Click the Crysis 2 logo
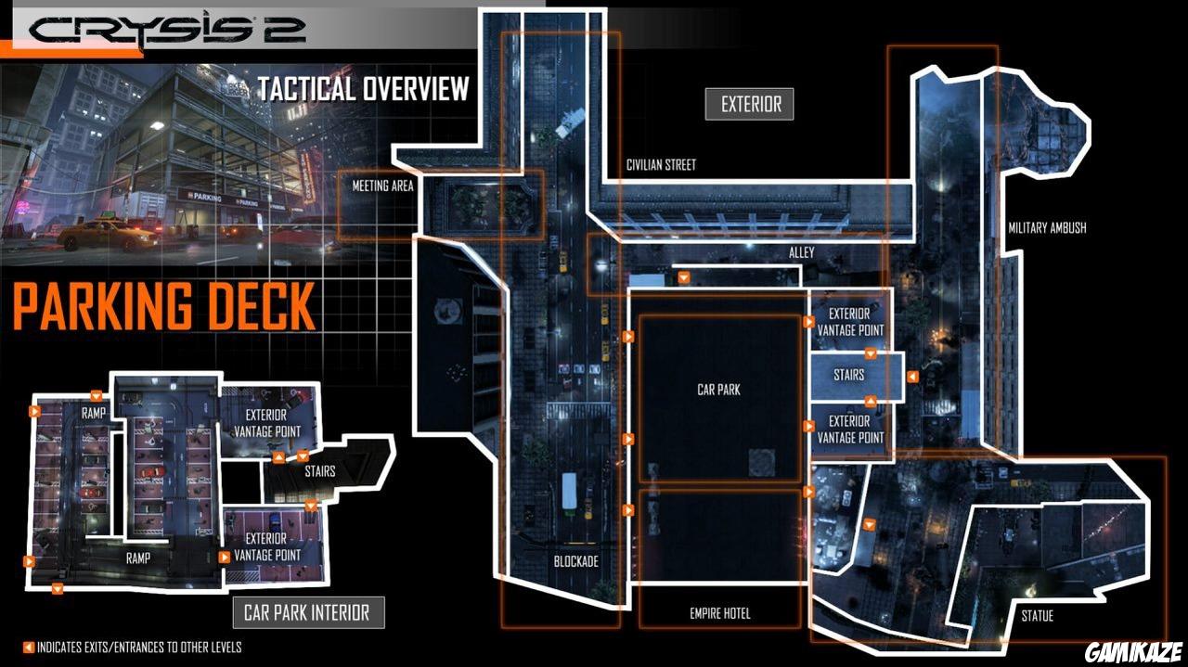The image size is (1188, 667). [x=168, y=29]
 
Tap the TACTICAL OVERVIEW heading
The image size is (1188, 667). [x=364, y=88]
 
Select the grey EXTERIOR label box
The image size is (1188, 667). [x=749, y=105]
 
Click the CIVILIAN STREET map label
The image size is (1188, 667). [x=661, y=165]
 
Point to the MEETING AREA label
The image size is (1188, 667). [x=382, y=186]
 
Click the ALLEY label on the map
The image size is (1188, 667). [x=801, y=252]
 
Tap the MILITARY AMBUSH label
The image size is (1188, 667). [x=1047, y=228]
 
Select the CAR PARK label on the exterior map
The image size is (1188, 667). [x=718, y=390]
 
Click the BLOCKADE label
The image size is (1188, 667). [x=576, y=561]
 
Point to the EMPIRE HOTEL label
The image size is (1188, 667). [x=719, y=613]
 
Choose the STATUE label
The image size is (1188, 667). [x=1037, y=616]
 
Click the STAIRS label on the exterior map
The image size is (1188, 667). [x=848, y=375]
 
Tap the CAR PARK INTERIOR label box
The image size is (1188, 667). [x=308, y=613]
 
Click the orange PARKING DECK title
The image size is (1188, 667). [x=164, y=306]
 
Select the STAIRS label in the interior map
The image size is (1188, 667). [x=320, y=471]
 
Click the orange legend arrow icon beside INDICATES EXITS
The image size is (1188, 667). [x=29, y=648]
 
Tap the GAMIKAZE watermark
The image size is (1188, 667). [x=1133, y=651]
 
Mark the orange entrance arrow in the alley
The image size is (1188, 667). [x=684, y=277]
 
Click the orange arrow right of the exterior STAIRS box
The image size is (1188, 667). [x=912, y=377]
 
